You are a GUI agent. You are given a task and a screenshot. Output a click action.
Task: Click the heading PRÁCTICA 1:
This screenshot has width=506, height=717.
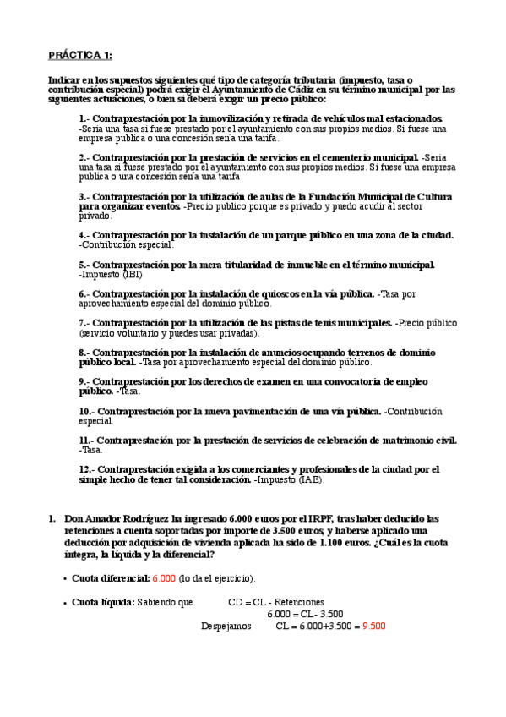pos(79,56)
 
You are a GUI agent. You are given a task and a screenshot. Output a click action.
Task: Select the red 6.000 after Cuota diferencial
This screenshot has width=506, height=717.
pos(164,578)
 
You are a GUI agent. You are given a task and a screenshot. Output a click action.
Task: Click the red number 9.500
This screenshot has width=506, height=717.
pos(373,627)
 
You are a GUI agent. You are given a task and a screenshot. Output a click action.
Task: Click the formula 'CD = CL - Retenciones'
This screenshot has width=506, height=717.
pos(276,603)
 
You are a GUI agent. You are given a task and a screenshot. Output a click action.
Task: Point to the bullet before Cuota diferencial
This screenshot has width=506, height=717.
pos(65,578)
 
